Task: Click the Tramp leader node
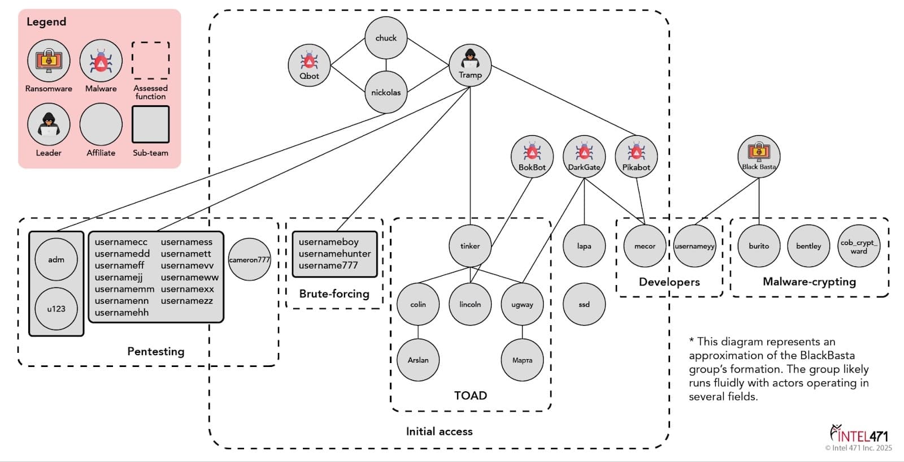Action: [470, 65]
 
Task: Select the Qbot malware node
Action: [309, 65]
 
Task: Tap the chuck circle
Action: [386, 37]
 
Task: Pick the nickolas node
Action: [386, 92]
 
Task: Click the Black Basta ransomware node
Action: [759, 156]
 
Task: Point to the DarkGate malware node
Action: [584, 156]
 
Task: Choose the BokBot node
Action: [532, 156]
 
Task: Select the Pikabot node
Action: [636, 156]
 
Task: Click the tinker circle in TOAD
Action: [470, 245]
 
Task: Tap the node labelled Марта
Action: [522, 360]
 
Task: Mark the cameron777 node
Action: [249, 259]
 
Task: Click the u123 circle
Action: [56, 309]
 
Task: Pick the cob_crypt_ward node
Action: [859, 245]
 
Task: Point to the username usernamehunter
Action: [334, 253]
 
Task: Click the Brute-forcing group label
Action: [334, 293]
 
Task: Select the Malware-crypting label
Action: [809, 282]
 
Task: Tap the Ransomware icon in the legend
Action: [49, 61]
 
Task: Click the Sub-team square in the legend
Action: [150, 124]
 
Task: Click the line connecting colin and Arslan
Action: [418, 332]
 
